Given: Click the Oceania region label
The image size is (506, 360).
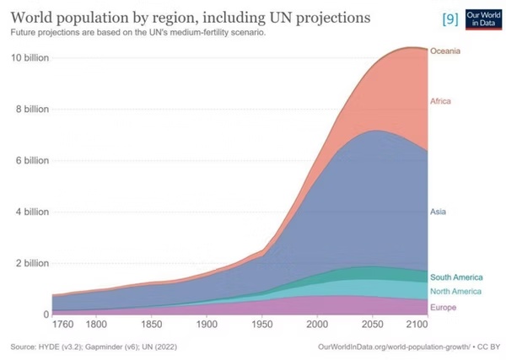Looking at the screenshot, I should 445,51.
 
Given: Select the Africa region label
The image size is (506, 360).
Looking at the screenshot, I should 441,101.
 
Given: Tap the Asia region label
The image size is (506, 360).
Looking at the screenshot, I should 439,212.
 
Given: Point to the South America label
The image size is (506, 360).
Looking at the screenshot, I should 456,277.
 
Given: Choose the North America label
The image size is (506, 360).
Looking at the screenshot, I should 456,291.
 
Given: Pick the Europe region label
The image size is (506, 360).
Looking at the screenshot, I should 443,308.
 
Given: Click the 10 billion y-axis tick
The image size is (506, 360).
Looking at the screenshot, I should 29,57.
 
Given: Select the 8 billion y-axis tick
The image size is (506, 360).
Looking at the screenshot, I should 31,109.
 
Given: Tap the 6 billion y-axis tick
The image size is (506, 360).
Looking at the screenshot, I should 31,160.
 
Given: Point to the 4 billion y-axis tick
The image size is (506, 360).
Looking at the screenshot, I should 31,212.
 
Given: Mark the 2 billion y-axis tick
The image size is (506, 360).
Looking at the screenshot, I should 31,263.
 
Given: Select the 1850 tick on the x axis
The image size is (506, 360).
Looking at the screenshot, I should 151,324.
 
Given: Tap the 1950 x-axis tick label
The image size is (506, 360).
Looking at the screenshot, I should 262,324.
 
